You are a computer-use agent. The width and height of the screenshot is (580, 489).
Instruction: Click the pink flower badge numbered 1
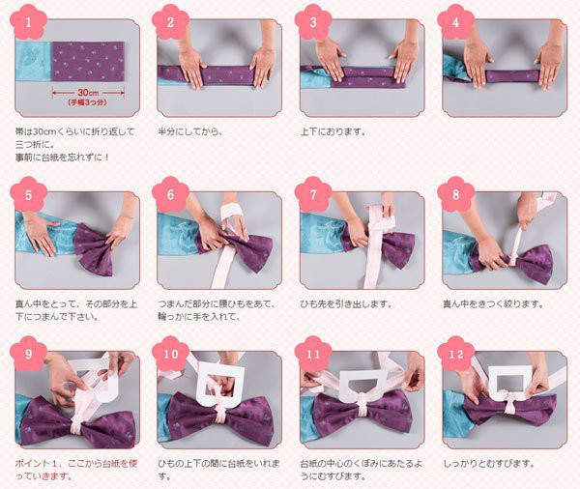(28, 22)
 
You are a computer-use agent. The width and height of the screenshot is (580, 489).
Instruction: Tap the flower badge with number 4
(455, 22)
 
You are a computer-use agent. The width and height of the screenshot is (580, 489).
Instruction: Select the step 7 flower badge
(313, 194)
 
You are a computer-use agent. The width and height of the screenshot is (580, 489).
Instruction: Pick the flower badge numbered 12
(455, 354)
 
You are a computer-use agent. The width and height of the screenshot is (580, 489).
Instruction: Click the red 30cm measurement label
(88, 93)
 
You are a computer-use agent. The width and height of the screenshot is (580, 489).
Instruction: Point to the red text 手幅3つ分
(88, 102)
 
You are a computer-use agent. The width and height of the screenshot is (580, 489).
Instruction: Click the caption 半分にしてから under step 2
(190, 131)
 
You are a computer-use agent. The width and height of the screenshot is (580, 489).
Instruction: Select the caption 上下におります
(333, 131)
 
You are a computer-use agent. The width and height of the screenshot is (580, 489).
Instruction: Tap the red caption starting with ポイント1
(76, 470)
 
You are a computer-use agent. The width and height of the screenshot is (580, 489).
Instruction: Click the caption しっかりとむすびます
(488, 463)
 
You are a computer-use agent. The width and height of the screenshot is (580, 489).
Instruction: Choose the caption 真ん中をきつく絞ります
(494, 304)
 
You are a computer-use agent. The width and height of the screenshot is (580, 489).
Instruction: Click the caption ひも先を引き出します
(346, 304)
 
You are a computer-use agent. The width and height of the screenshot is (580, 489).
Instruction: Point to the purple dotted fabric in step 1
(88, 62)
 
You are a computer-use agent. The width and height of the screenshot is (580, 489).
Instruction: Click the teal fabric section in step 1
(34, 61)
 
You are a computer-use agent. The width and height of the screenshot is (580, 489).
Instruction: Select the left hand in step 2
(192, 65)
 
